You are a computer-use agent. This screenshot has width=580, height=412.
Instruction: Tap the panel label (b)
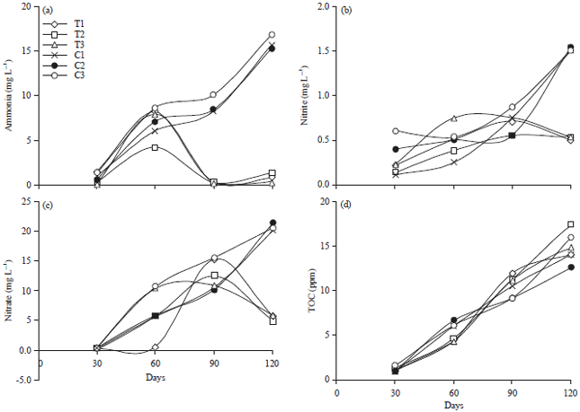pyautogui.click(x=346, y=12)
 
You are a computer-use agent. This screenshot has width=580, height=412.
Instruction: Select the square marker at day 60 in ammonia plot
pyautogui.click(x=155, y=147)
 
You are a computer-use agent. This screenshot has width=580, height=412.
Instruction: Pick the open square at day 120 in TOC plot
pyautogui.click(x=570, y=224)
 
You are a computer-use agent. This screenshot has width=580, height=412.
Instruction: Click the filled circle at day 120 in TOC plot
pyautogui.click(x=570, y=267)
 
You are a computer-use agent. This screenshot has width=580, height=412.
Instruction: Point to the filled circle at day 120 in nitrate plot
pyautogui.click(x=272, y=223)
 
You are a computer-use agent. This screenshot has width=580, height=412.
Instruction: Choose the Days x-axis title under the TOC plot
pyautogui.click(x=452, y=406)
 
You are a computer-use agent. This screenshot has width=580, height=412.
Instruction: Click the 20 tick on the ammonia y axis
pyautogui.click(x=30, y=5)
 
